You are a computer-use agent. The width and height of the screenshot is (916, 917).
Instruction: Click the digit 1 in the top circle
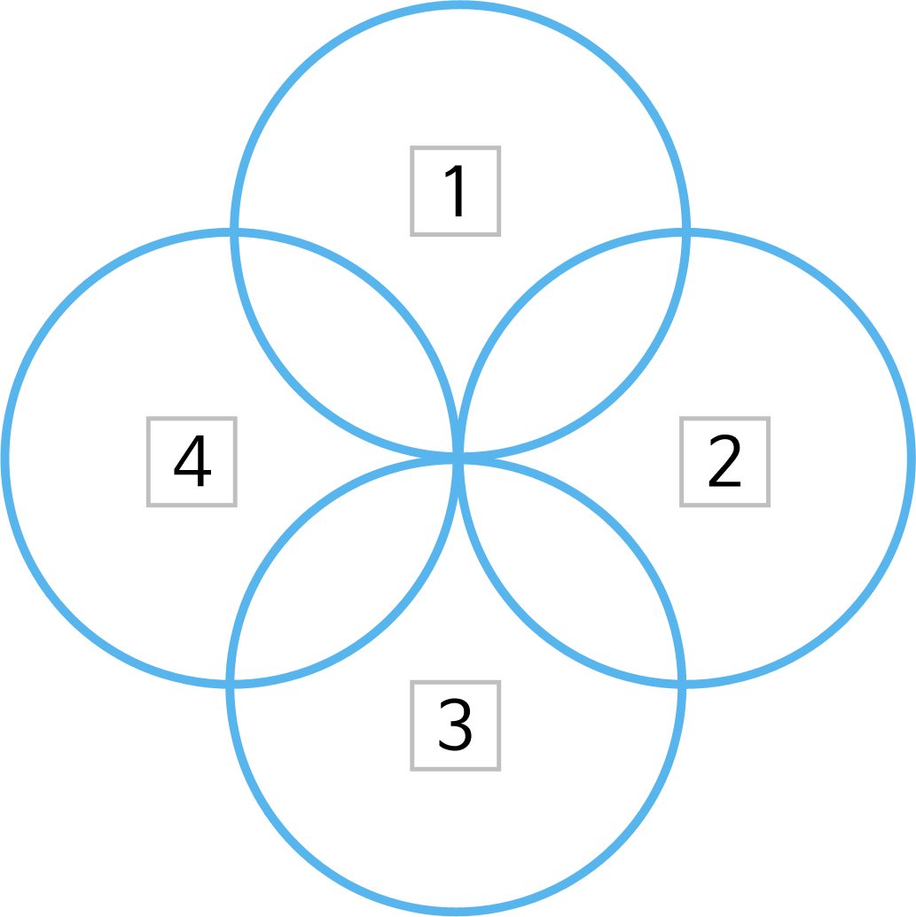tap(455, 191)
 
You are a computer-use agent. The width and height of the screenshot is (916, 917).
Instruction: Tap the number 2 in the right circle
tap(724, 460)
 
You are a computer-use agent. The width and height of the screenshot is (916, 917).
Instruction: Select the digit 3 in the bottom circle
tap(455, 725)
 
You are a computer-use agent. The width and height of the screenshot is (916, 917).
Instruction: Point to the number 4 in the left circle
tap(192, 460)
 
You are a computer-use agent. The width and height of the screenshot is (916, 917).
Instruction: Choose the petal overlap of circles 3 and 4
tap(342, 573)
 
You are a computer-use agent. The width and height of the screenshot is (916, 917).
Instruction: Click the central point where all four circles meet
tap(458, 458)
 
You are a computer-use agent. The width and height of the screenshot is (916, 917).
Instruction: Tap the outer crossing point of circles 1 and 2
tap(686, 232)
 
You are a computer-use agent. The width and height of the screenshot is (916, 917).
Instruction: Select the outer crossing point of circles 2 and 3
tap(681, 685)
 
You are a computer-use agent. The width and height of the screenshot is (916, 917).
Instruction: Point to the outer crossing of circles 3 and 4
tap(230, 685)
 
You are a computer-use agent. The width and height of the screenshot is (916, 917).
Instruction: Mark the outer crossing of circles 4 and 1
tap(234, 232)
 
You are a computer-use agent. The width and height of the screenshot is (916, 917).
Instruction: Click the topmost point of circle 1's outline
tap(460, 5)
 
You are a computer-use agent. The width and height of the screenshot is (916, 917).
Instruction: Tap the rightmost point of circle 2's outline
tap(912, 458)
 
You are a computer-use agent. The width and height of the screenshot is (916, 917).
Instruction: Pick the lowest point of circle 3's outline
tap(456, 912)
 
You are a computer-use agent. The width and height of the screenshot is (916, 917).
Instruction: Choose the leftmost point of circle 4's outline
tap(5, 458)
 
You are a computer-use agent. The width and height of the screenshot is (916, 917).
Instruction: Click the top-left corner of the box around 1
tap(411, 147)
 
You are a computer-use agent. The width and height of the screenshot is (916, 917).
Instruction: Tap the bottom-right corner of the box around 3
tap(499, 769)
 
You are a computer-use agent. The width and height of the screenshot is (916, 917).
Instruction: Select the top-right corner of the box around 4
tap(235, 419)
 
